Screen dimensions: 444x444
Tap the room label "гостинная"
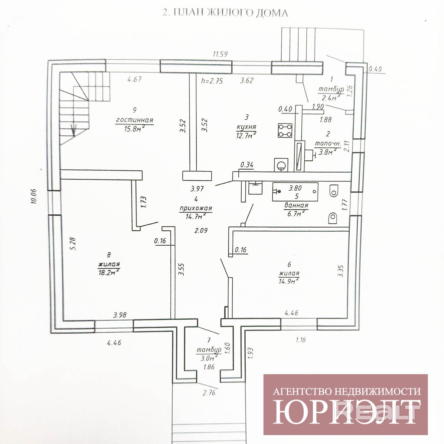click(135, 120)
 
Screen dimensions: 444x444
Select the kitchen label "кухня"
click(246, 127)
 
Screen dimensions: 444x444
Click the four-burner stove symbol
click(285, 130)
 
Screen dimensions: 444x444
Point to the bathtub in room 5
click(295, 192)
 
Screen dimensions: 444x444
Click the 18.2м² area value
click(109, 273)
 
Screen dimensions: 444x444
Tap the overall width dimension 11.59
click(220, 54)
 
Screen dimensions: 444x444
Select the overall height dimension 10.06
click(34, 196)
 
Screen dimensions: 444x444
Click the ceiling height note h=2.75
click(212, 81)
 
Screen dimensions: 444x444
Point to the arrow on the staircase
click(74, 130)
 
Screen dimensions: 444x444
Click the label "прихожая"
click(196, 208)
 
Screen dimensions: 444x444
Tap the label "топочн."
click(328, 144)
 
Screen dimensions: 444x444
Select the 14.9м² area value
click(289, 281)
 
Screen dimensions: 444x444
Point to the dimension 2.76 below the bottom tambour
click(209, 393)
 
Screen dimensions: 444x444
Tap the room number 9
click(135, 110)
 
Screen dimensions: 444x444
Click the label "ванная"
click(296, 206)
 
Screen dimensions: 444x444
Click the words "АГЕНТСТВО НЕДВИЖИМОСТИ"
click(347, 392)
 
